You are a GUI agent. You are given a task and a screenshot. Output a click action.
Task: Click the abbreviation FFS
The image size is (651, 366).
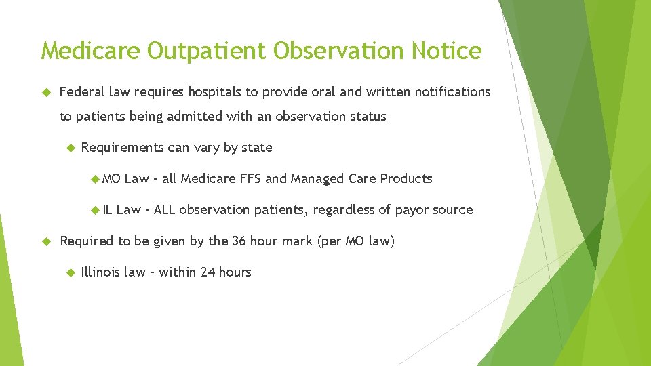(x=250, y=178)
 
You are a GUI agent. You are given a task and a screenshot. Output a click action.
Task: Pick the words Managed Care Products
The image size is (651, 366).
(x=361, y=178)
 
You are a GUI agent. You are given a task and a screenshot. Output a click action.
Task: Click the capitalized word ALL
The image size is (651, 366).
(x=165, y=209)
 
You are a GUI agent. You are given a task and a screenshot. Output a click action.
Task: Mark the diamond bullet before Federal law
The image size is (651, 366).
(x=46, y=91)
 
